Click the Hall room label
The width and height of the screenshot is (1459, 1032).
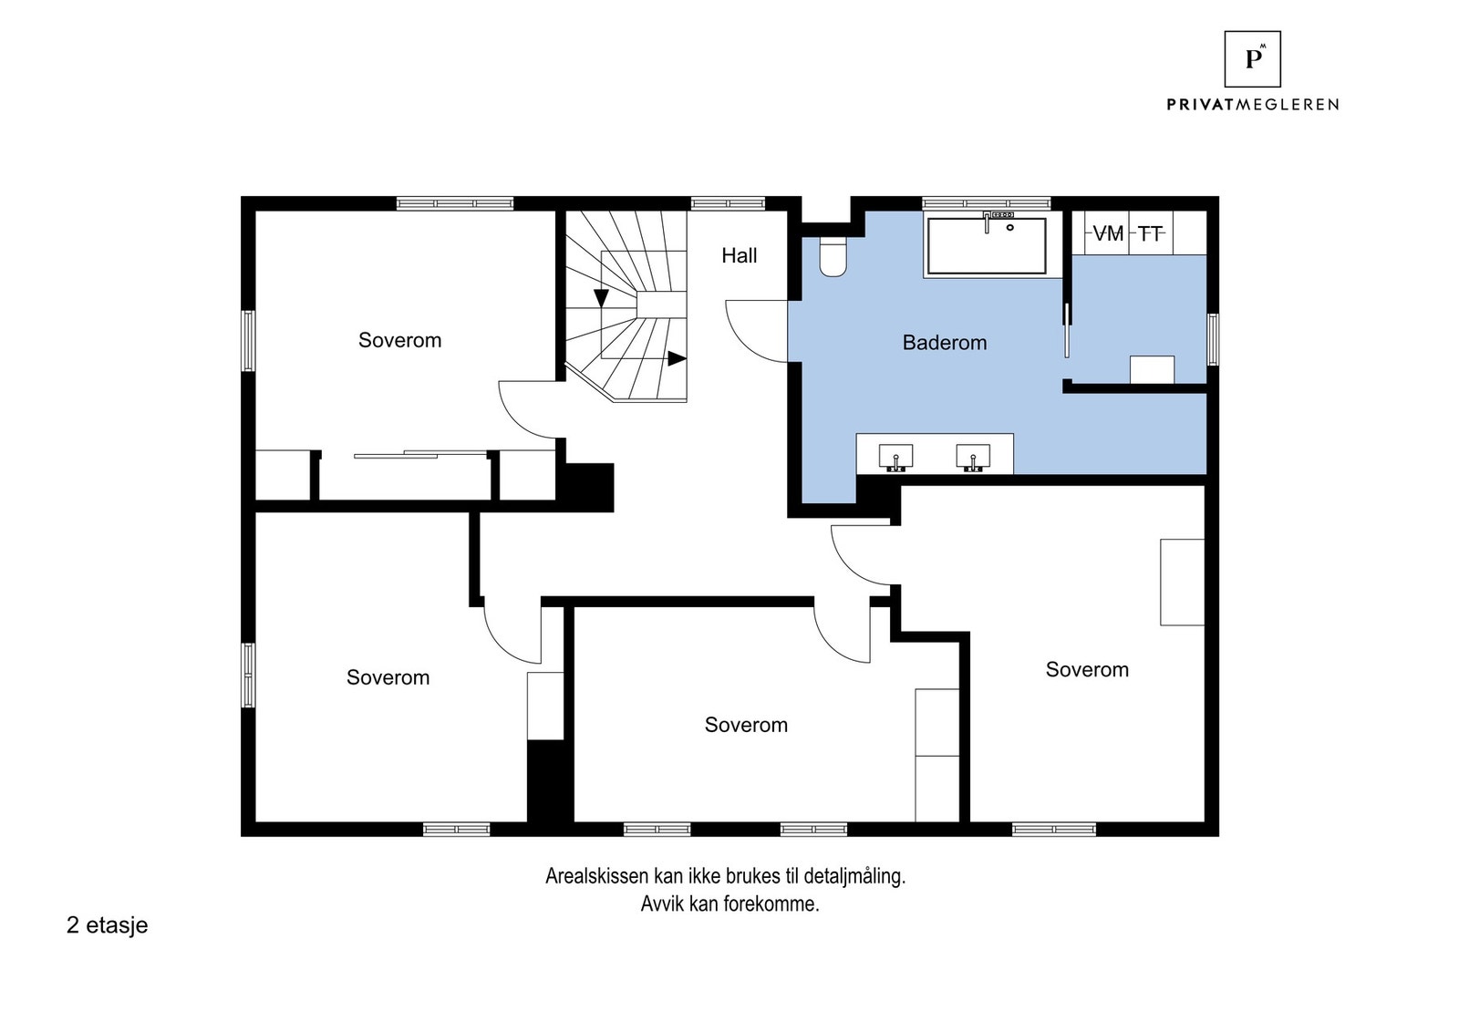(x=739, y=255)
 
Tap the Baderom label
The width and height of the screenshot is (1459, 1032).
(x=945, y=343)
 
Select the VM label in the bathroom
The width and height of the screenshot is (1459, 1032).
(x=1107, y=233)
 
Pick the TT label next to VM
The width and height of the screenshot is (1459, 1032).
(x=1150, y=233)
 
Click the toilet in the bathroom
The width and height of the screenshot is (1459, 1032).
(x=833, y=256)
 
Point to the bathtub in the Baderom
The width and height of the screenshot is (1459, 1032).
(x=987, y=245)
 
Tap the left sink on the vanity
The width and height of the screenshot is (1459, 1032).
(x=895, y=457)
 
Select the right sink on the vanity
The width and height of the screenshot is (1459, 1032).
(x=973, y=457)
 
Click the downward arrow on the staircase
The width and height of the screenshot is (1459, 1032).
(x=601, y=298)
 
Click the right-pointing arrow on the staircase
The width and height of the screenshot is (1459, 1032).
(x=677, y=359)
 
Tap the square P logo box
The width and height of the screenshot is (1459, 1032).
(x=1252, y=59)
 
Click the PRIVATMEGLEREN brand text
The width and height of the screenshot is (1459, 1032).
(x=1252, y=104)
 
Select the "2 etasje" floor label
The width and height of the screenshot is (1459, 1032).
(x=108, y=925)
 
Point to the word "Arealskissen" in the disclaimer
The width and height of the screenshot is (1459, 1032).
(x=598, y=876)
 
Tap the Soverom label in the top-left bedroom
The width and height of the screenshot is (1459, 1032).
(x=400, y=340)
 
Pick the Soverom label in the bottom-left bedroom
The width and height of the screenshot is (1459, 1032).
(x=388, y=677)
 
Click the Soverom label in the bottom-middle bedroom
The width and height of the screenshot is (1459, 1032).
(x=746, y=725)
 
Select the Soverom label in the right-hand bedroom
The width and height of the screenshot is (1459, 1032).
(x=1087, y=669)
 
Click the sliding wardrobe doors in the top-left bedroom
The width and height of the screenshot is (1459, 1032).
(x=420, y=455)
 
